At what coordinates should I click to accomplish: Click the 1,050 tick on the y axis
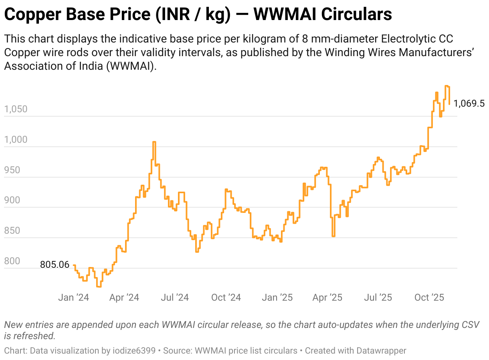click(x=16, y=109)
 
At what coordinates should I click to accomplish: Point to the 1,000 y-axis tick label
click(x=16, y=140)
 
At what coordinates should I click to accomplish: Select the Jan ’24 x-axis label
click(x=73, y=297)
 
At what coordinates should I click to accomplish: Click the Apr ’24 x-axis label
click(x=124, y=297)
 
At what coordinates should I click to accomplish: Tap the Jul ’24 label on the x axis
click(x=174, y=297)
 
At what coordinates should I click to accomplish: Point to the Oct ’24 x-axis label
click(x=226, y=297)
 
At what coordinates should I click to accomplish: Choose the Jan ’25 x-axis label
click(x=277, y=297)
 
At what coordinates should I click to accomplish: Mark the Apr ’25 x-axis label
click(x=327, y=297)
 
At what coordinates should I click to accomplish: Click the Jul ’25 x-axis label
click(x=378, y=297)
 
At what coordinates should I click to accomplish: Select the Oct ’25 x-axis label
click(x=429, y=297)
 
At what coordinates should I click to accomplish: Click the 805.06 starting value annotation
click(x=55, y=265)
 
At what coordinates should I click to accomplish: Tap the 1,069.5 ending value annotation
click(x=469, y=104)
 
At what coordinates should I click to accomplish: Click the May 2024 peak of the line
click(x=154, y=142)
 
